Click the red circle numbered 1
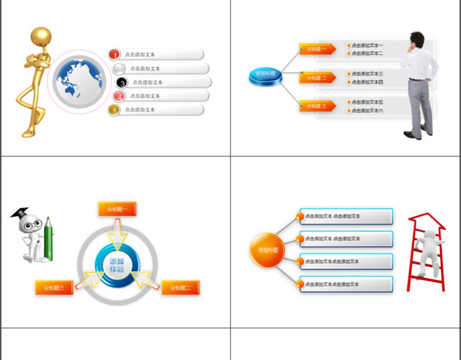tap(115, 54)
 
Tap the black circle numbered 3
tap(122, 83)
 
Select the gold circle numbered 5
tap(114, 110)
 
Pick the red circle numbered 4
tap(120, 96)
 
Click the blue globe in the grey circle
tap(77, 82)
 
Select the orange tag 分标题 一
tap(316, 49)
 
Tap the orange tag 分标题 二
tap(316, 77)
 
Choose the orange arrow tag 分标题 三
tap(316, 106)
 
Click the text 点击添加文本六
tap(367, 111)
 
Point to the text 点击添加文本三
tap(367, 73)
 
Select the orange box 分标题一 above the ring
tap(117, 209)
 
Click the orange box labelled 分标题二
tap(180, 288)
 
